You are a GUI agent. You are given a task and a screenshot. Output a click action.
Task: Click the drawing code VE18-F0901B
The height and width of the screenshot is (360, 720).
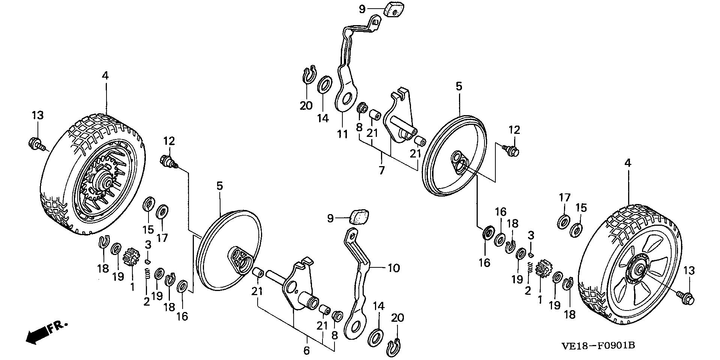tap(598, 345)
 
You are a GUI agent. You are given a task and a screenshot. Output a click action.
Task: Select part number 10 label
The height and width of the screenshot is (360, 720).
tap(393, 268)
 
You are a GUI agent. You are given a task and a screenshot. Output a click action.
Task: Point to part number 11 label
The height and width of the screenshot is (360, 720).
tap(342, 134)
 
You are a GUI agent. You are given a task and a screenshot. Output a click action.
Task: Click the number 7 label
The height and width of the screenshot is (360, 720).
tap(381, 171)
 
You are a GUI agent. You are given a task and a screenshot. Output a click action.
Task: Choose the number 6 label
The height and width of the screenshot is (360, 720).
tap(306, 351)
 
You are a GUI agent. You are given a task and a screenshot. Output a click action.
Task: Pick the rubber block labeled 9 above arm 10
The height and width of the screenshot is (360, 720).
tap(359, 217)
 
